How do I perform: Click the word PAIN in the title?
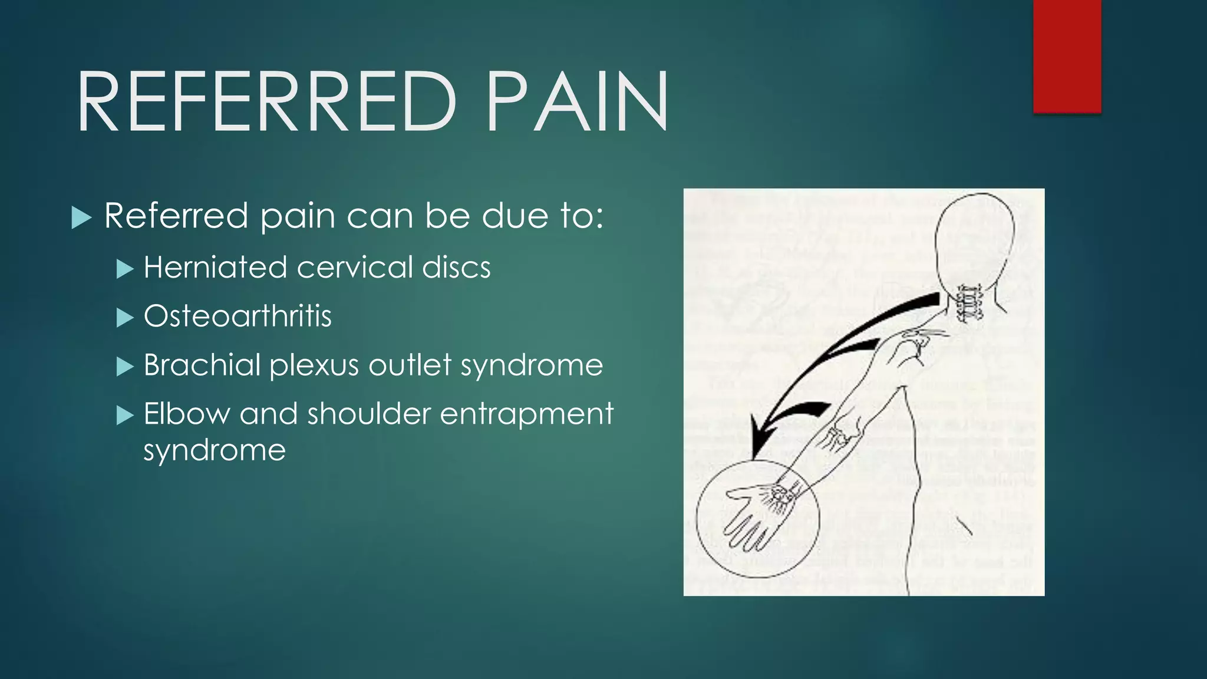pyautogui.click(x=578, y=101)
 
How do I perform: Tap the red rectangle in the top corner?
pyautogui.click(x=1067, y=56)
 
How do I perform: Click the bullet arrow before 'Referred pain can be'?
pyautogui.click(x=81, y=217)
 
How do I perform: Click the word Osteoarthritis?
pyautogui.click(x=238, y=317)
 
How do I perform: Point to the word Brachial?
pyautogui.click(x=202, y=365)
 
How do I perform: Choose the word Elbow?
pyautogui.click(x=186, y=414)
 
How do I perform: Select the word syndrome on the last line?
pyautogui.click(x=215, y=451)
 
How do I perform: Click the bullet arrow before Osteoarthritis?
pyautogui.click(x=125, y=318)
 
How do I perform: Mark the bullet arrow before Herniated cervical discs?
pyautogui.click(x=125, y=269)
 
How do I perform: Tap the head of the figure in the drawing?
pyautogui.click(x=975, y=236)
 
